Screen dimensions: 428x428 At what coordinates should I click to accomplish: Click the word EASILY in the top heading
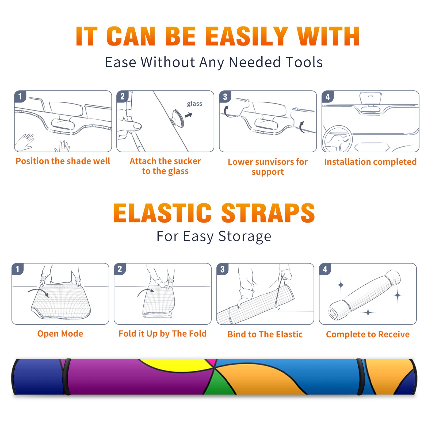click(247, 36)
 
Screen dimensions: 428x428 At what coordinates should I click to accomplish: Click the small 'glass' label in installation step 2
click(194, 104)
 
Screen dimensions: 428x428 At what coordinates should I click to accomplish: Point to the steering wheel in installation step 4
click(337, 139)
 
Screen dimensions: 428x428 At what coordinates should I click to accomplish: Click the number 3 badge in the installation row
click(225, 97)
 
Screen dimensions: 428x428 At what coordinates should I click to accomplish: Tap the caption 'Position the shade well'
click(63, 161)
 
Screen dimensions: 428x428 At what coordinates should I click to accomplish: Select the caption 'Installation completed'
click(370, 162)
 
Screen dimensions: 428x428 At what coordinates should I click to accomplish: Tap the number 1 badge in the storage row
click(18, 269)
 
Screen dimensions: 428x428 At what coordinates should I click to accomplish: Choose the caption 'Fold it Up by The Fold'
click(163, 334)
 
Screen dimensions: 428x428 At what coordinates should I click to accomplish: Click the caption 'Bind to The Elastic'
click(265, 334)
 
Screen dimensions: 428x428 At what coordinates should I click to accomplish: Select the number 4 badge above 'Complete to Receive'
click(325, 269)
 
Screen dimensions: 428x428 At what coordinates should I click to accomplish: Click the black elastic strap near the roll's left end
click(66, 377)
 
